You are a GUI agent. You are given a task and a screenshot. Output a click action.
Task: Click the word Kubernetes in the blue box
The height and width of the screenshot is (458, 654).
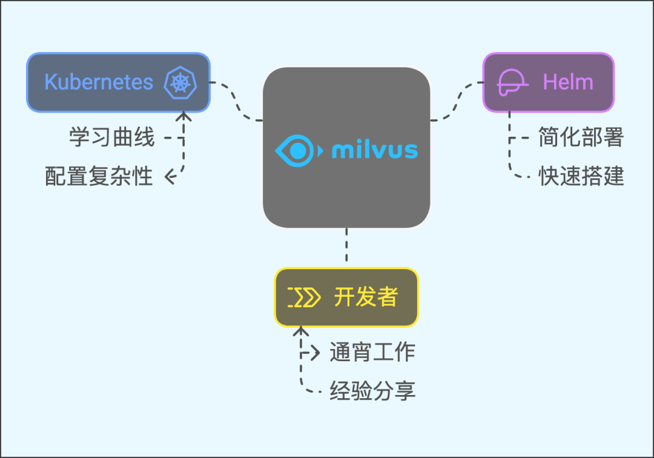pyautogui.click(x=99, y=82)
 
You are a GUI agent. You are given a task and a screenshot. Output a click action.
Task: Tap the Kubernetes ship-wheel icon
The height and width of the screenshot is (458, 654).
pyautogui.click(x=180, y=83)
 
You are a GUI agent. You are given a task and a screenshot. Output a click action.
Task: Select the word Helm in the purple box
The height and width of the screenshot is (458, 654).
pyautogui.click(x=568, y=82)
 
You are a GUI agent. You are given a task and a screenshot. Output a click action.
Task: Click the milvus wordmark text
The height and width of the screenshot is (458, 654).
pyautogui.click(x=375, y=149)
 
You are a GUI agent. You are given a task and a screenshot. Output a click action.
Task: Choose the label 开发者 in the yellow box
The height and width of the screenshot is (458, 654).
pyautogui.click(x=366, y=297)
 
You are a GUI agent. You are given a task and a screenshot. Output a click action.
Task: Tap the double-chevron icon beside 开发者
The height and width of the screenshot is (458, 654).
pyautogui.click(x=303, y=298)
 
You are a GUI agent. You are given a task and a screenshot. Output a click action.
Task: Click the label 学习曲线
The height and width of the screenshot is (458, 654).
pyautogui.click(x=112, y=138)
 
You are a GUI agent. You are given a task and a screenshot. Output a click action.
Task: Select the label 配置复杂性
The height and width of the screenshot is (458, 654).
pyautogui.click(x=99, y=177)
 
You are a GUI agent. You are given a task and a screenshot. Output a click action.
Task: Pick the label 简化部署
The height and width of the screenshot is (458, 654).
pyautogui.click(x=581, y=138)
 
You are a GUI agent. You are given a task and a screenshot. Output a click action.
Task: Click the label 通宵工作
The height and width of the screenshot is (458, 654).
pyautogui.click(x=372, y=352)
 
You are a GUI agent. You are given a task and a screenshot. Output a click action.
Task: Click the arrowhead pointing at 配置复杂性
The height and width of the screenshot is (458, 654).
pyautogui.click(x=170, y=177)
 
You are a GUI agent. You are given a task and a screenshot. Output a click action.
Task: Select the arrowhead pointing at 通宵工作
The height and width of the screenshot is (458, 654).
pyautogui.click(x=315, y=353)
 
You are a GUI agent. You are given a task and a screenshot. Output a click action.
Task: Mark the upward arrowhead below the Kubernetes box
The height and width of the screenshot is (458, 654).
pyautogui.click(x=183, y=116)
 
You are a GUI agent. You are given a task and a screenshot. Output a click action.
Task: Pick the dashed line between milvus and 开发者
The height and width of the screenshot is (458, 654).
pyautogui.click(x=346, y=247)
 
